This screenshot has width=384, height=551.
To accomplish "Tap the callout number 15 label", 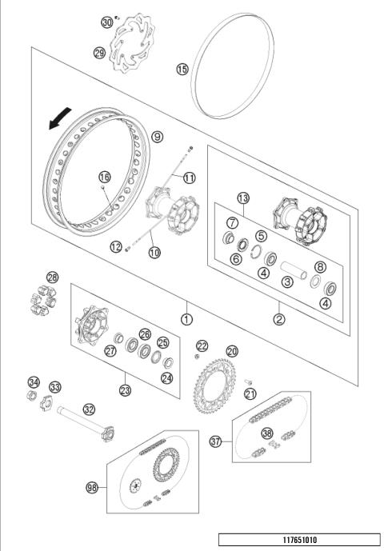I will pyautogui.click(x=182, y=70).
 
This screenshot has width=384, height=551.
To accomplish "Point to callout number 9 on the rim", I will pyautogui.click(x=157, y=136).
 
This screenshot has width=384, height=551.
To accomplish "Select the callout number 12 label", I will pyautogui.click(x=115, y=246).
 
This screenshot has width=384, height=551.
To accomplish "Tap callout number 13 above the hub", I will pyautogui.click(x=243, y=198).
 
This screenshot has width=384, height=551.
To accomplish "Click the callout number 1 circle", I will pyautogui.click(x=186, y=319).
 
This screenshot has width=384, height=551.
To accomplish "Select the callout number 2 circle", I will pyautogui.click(x=279, y=319).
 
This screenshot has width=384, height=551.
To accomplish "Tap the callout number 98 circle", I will pyautogui.click(x=92, y=486).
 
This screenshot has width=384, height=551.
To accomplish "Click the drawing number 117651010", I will pyautogui.click(x=299, y=539).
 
